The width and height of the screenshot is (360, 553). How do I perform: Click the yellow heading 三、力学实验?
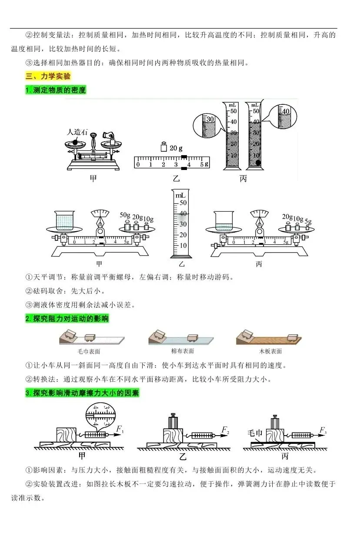[48, 76]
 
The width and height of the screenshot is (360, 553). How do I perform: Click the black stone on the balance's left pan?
[75, 141]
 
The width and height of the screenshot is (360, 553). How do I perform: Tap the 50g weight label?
[126, 215]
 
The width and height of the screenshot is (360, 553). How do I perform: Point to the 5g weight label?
[308, 221]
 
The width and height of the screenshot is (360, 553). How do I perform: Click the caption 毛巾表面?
[89, 352]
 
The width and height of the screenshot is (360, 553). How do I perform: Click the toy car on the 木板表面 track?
[292, 338]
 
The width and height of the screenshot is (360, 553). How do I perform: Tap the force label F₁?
[120, 430]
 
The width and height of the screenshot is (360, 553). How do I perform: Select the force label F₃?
[323, 430]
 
